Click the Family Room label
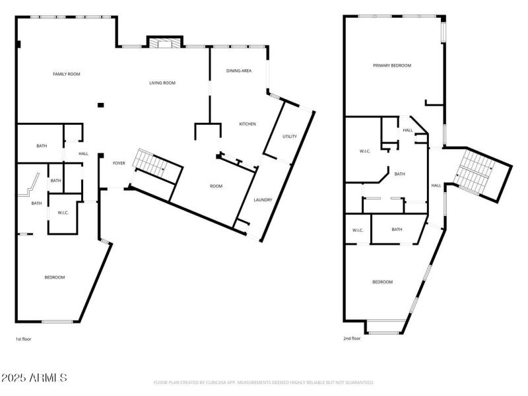coord(66,74)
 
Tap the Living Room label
coord(162,82)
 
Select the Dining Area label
coord(238,71)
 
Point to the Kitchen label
coord(247,124)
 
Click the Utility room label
coord(290,137)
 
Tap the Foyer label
coord(119,163)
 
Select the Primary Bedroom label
coord(392,65)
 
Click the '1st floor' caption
coord(23,339)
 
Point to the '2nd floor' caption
coord(352,339)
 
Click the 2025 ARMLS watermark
coord(34,378)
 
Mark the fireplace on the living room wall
coord(162,44)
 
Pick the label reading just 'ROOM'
coord(216,186)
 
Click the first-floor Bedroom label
coord(55,277)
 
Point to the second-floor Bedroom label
coord(382,282)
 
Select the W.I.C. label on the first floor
coord(63,213)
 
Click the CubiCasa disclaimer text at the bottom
coord(264,382)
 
